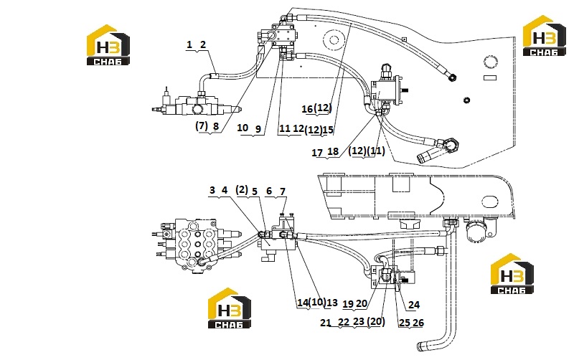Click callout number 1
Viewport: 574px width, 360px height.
coord(189,44)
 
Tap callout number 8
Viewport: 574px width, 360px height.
coord(216,126)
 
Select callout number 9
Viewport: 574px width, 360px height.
coord(258,129)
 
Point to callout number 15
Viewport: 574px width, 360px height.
coord(328,130)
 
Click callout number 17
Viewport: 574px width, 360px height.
coord(317,153)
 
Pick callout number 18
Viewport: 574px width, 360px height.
coord(333,151)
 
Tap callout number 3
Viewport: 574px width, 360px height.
coord(212,190)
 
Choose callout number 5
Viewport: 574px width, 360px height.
coord(255,191)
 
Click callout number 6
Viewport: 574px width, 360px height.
coord(269,191)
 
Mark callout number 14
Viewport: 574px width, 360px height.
coord(303,303)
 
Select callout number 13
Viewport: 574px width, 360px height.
coord(332,303)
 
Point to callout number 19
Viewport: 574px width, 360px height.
coord(348,304)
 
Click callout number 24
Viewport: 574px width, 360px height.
coord(414,305)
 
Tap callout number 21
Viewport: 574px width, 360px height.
coord(326,323)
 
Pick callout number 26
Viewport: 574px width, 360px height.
coord(418,323)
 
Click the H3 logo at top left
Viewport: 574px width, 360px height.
coord(108,45)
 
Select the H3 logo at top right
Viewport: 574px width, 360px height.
coord(544,36)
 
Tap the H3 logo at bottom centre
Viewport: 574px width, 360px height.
coord(230,308)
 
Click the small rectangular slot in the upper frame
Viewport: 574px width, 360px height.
coord(490,77)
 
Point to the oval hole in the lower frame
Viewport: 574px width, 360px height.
coord(490,202)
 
